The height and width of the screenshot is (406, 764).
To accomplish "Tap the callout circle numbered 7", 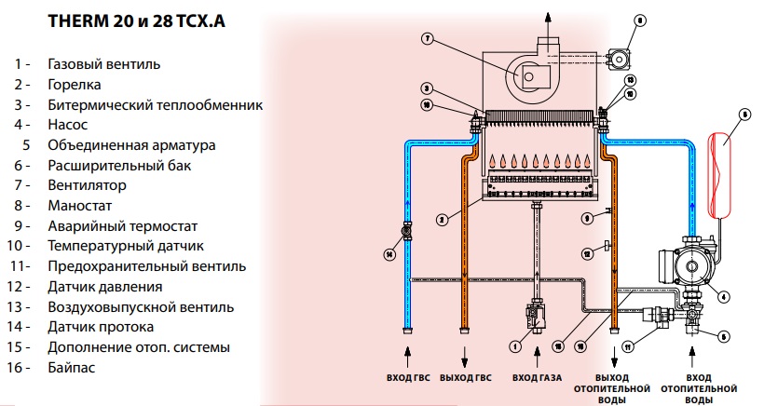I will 426,39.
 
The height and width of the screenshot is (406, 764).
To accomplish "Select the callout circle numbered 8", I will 640,20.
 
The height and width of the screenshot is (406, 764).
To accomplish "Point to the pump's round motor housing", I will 694,266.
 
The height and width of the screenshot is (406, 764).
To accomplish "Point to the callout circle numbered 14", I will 389,253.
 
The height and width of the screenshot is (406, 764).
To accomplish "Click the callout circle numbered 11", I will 627,346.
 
